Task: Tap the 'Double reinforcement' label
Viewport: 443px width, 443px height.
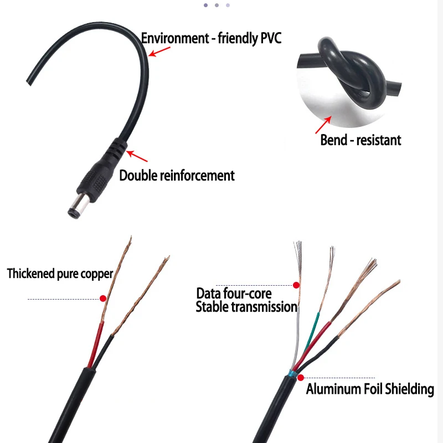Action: click(177, 176)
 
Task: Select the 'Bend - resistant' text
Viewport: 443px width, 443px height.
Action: click(360, 140)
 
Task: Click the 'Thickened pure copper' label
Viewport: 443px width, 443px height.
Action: click(60, 273)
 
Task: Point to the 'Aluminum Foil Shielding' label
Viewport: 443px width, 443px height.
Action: click(370, 389)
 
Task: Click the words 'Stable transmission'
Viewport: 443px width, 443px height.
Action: click(246, 307)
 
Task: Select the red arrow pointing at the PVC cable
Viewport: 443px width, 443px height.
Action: click(159, 51)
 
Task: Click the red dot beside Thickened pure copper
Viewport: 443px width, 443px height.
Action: click(102, 298)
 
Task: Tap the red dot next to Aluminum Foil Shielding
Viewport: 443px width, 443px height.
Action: click(300, 378)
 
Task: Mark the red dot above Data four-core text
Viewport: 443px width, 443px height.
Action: click(296, 285)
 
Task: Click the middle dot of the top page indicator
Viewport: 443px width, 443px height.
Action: click(217, 5)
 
